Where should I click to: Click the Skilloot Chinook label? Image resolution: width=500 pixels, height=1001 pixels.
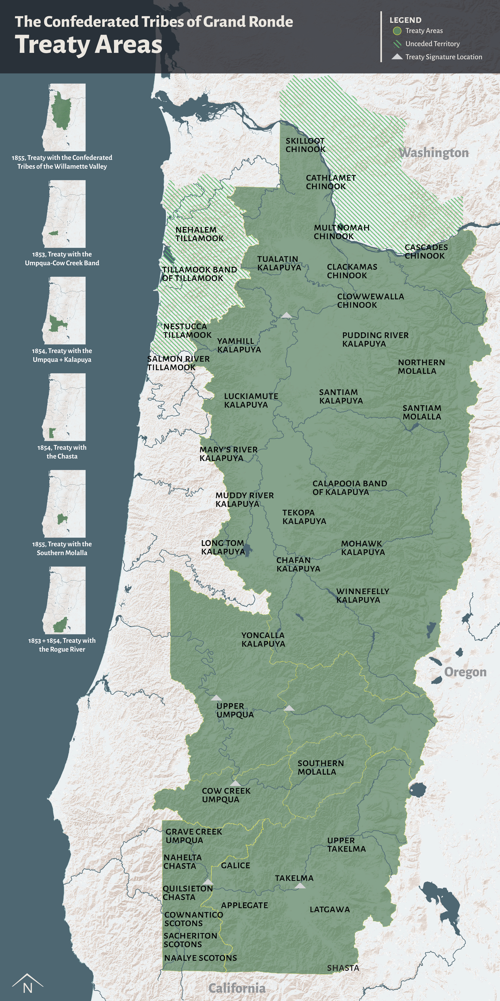[x=306, y=145]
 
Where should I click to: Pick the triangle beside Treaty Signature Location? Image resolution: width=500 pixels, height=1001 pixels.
[x=397, y=57]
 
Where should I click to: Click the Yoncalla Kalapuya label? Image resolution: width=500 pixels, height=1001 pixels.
[x=263, y=639]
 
